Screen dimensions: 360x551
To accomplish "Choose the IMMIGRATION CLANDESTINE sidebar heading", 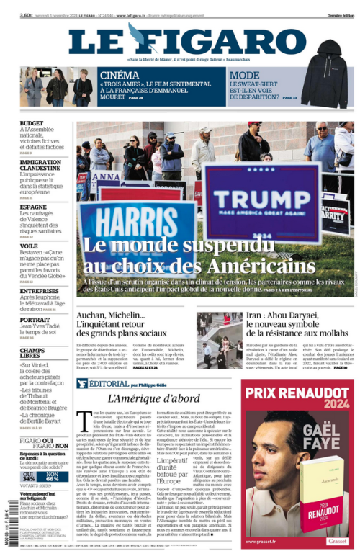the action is click(40, 166).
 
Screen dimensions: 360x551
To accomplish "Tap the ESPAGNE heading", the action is click(33, 207).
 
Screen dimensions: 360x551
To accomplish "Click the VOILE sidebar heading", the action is click(29, 246).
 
